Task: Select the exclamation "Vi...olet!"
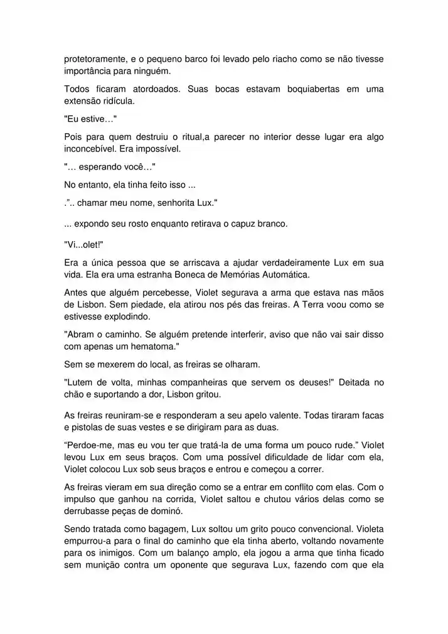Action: pos(83,244)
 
